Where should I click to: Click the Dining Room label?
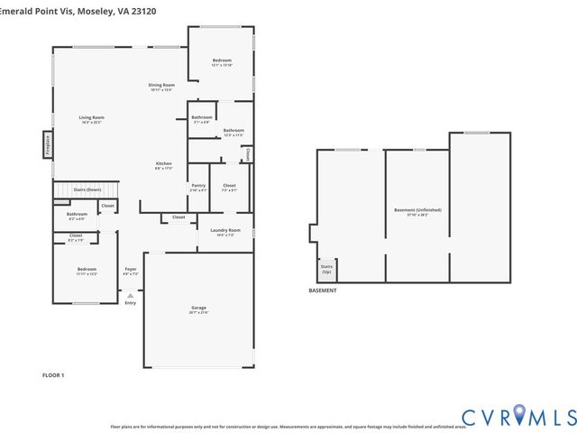161,85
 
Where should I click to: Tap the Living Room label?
91,117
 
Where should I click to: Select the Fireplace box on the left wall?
48,145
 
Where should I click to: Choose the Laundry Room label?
225,230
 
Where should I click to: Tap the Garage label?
198,308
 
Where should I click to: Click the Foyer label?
131,269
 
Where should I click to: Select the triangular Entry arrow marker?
130,295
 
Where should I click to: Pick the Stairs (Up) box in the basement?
325,269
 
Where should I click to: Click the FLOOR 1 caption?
53,374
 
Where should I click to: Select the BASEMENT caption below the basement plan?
323,290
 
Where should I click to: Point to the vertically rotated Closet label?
246,154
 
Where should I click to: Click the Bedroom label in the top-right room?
222,60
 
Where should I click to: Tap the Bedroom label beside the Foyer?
87,269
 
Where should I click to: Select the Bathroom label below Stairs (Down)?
77,214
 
